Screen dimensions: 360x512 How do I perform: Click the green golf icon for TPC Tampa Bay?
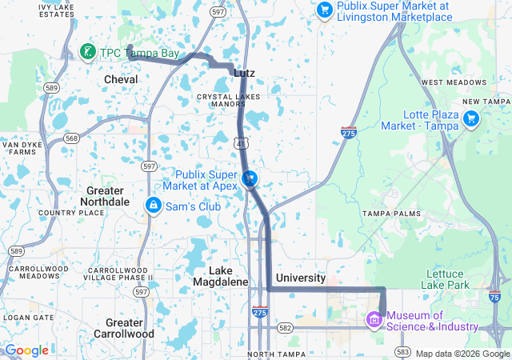[x=87, y=53]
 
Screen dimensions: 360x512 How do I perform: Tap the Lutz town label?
[x=244, y=73]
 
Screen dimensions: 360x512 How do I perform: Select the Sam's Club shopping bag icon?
[x=151, y=206]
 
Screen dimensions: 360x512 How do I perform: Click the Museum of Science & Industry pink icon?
[x=373, y=320]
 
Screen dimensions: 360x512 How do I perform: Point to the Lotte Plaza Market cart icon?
[x=471, y=120]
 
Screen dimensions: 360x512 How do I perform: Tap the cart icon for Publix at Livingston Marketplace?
[x=324, y=10]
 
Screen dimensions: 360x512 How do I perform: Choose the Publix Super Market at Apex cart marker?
[x=250, y=178]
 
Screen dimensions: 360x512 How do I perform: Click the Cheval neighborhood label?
[x=121, y=80]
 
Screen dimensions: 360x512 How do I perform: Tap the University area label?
[x=300, y=278]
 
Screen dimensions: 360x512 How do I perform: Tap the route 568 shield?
[x=72, y=138]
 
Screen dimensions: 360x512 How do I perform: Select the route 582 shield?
[x=285, y=328]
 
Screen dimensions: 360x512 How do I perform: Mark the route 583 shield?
[x=402, y=352]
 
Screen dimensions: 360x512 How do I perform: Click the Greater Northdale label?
[x=104, y=196]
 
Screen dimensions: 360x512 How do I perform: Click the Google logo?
[x=26, y=350]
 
